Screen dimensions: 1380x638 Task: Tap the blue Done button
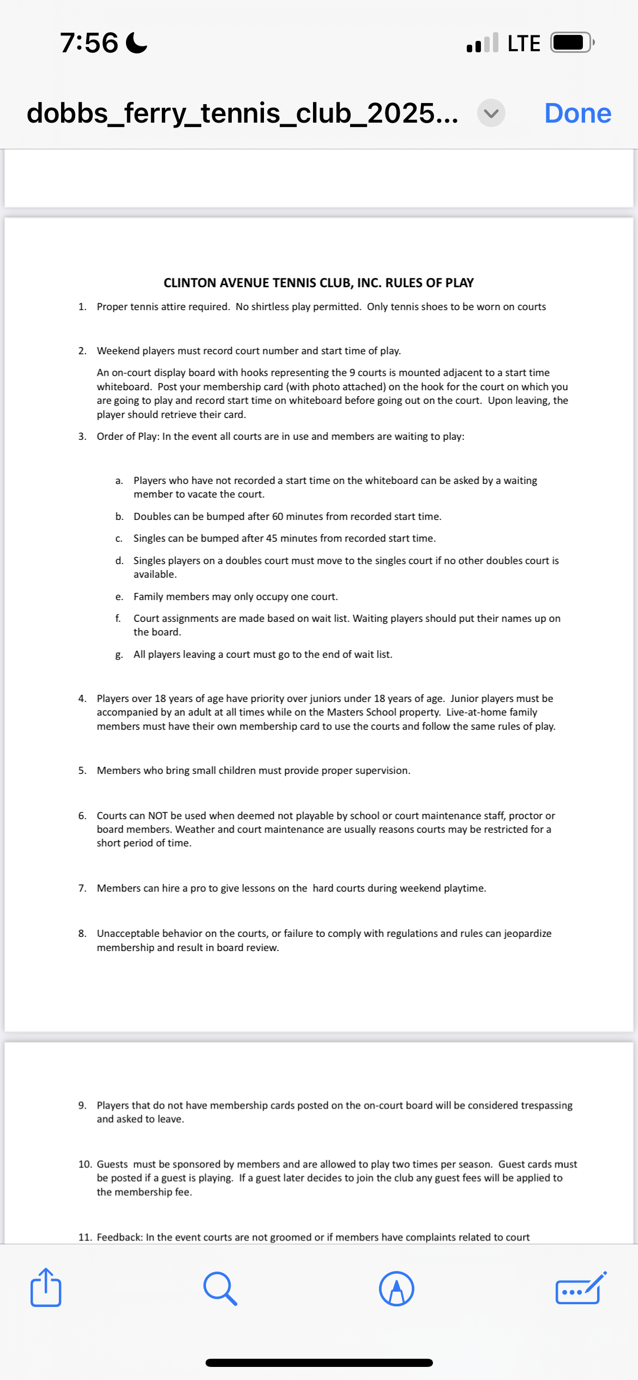(x=577, y=113)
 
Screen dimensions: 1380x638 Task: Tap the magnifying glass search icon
(x=220, y=1288)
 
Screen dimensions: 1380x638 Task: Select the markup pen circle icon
(x=396, y=1288)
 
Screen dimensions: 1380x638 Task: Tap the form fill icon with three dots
(x=580, y=1288)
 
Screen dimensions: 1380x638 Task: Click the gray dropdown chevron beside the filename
(x=491, y=113)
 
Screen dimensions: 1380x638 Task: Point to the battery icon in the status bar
(x=571, y=43)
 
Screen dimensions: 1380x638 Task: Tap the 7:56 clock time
(x=89, y=43)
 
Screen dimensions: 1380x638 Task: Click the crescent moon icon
(x=136, y=43)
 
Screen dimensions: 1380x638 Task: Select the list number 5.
(x=82, y=771)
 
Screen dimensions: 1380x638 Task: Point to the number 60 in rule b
(x=278, y=517)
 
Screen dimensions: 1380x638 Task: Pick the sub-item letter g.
(x=119, y=655)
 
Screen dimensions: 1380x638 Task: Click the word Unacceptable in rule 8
(x=128, y=934)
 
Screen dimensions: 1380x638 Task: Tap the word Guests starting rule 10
(x=112, y=1164)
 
